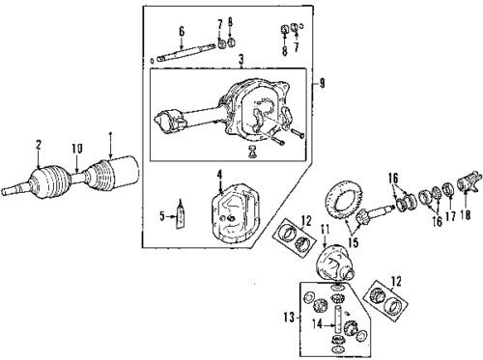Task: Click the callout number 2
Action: pos(38,146)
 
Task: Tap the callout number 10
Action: pos(74,150)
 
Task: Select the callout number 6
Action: pos(181,31)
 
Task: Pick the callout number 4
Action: pos(219,176)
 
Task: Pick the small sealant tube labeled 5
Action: pos(181,219)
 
